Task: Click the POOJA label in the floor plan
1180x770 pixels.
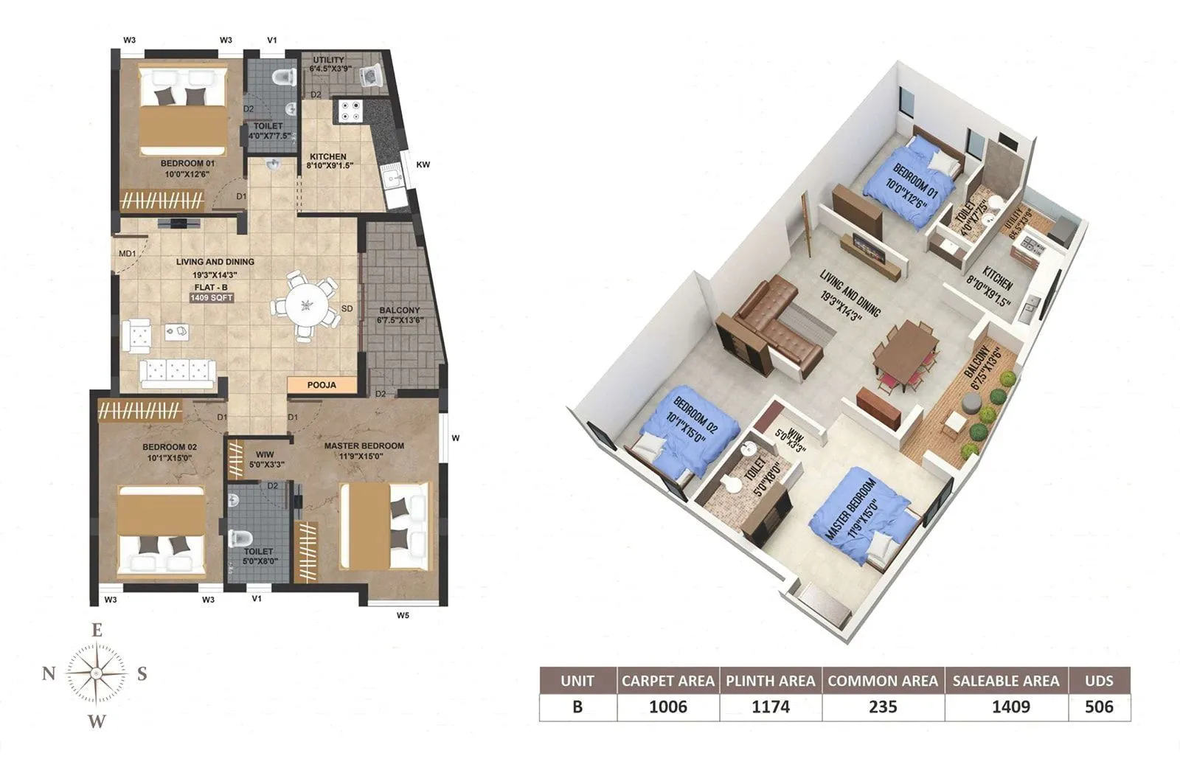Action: pyautogui.click(x=322, y=385)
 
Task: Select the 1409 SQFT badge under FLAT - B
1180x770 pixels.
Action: pyautogui.click(x=212, y=298)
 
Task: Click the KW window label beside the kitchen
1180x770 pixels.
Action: pyautogui.click(x=423, y=164)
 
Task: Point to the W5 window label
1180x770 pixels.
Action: pyautogui.click(x=403, y=615)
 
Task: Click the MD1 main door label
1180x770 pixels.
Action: pyautogui.click(x=127, y=254)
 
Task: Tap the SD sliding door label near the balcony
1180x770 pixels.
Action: pyautogui.click(x=347, y=309)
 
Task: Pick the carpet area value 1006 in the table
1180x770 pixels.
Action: pyautogui.click(x=667, y=707)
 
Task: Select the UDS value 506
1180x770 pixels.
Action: pyautogui.click(x=1099, y=707)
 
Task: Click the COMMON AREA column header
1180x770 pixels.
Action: pyautogui.click(x=883, y=681)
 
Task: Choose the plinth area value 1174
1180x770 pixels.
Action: pyautogui.click(x=770, y=707)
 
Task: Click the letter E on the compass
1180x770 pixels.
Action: pyautogui.click(x=96, y=631)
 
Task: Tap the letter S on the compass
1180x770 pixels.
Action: pyautogui.click(x=142, y=673)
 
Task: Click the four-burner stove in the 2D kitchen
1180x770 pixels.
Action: pyautogui.click(x=350, y=111)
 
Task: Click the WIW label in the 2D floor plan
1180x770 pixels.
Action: pyautogui.click(x=265, y=454)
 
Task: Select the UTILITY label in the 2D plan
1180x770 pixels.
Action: pyautogui.click(x=328, y=60)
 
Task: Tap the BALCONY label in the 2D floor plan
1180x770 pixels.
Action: pyautogui.click(x=399, y=311)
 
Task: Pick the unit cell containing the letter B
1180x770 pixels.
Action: pyautogui.click(x=577, y=707)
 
